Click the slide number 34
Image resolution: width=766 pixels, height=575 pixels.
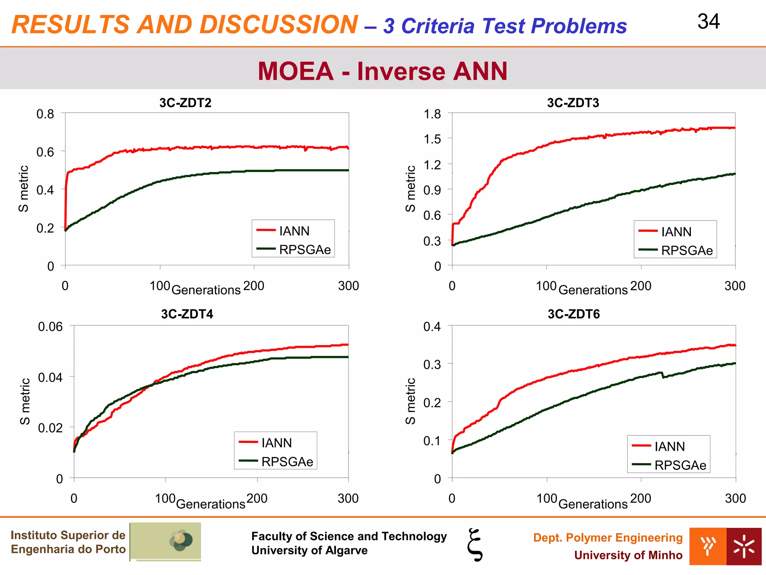click(x=708, y=22)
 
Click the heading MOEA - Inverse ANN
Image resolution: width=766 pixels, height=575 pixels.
click(x=383, y=71)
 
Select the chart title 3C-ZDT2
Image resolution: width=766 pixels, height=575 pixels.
click(x=185, y=103)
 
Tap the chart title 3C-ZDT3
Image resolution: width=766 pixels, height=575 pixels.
click(x=573, y=103)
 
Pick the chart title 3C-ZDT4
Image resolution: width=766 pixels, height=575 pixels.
click(x=187, y=314)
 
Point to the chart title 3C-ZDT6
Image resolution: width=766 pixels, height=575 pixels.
click(x=573, y=314)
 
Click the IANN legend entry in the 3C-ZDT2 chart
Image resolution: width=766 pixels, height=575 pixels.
click(x=294, y=231)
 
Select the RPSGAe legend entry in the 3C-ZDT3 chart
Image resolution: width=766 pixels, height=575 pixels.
click(x=687, y=250)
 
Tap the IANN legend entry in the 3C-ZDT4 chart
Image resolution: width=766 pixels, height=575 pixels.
click(x=276, y=443)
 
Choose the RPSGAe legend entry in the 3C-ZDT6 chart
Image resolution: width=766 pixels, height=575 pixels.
click(x=680, y=465)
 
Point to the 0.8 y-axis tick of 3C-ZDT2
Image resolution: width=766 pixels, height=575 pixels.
click(x=45, y=114)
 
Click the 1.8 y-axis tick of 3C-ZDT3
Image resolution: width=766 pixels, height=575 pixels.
click(x=432, y=114)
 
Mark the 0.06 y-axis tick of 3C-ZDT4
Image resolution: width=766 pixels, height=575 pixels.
click(x=50, y=326)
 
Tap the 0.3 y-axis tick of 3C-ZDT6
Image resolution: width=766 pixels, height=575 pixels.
click(x=432, y=364)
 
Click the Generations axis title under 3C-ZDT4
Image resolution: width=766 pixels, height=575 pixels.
click(x=211, y=504)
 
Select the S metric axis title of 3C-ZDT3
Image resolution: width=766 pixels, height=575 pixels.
click(x=410, y=189)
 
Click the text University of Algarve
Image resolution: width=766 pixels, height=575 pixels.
click(x=309, y=550)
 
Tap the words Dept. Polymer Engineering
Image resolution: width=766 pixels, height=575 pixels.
click(x=607, y=538)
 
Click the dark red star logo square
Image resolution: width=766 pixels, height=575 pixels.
click(x=744, y=546)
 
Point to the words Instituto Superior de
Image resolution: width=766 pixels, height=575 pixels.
click(x=68, y=535)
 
